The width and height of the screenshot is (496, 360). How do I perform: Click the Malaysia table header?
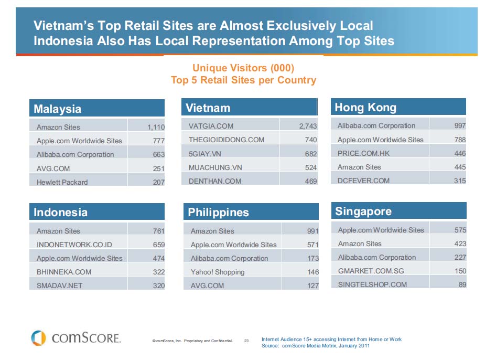[x=96, y=109]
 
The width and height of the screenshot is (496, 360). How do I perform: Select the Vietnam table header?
[x=249, y=108]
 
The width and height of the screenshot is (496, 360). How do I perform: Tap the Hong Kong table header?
[x=398, y=107]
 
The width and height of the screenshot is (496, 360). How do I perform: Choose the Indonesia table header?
[x=96, y=212]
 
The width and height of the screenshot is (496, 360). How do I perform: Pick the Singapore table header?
[x=398, y=211]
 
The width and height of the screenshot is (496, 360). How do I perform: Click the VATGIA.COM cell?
[x=211, y=126]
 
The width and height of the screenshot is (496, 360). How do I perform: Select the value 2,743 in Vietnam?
[x=308, y=126]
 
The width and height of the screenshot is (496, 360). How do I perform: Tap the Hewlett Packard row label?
[x=62, y=182]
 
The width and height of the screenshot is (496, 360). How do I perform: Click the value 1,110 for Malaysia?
[x=156, y=127]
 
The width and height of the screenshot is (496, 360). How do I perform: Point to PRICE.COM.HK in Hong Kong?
[x=364, y=153]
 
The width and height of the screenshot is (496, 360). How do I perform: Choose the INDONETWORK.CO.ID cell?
[x=74, y=245]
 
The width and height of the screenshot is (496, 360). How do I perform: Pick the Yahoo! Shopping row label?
[x=218, y=272]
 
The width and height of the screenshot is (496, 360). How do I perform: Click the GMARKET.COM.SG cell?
[x=371, y=271]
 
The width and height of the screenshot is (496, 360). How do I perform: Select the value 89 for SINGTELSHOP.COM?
[x=462, y=284]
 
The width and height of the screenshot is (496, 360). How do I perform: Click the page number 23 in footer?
[x=246, y=341]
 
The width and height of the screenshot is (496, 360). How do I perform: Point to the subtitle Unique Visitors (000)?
[x=243, y=68]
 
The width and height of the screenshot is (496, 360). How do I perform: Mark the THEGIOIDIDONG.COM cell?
[x=227, y=140]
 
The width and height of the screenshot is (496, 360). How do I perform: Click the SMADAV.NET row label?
[x=59, y=285]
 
